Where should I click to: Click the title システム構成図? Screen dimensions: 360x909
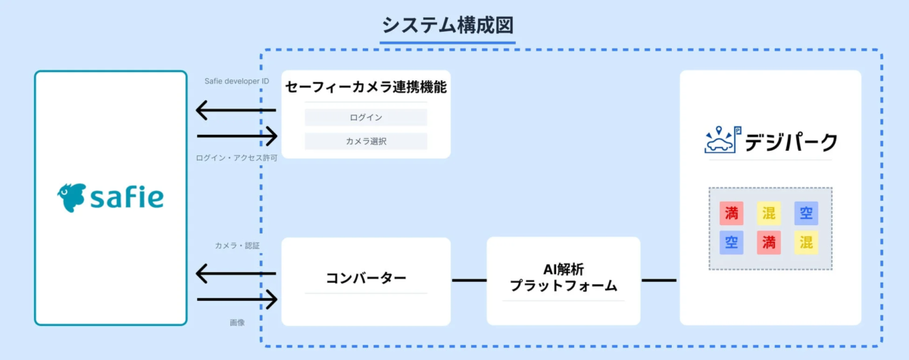click(x=448, y=25)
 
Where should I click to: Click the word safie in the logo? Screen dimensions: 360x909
click(x=127, y=198)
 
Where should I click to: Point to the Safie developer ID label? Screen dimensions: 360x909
click(x=236, y=81)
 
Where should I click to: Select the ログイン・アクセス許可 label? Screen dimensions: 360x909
click(x=236, y=158)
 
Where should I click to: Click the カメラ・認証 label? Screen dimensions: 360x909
click(x=237, y=246)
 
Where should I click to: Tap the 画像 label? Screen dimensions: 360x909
click(x=237, y=323)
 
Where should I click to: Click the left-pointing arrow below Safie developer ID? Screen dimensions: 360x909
click(x=236, y=111)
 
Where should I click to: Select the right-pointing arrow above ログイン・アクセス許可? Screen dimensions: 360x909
click(x=237, y=136)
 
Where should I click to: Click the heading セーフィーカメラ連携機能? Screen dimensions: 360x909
click(x=366, y=87)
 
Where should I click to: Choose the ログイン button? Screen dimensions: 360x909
click(x=366, y=117)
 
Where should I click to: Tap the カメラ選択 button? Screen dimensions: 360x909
click(x=366, y=141)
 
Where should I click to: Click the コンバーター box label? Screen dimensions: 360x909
click(x=366, y=278)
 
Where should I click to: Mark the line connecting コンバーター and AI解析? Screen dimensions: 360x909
click(x=469, y=280)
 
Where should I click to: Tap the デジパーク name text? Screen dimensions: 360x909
click(x=791, y=142)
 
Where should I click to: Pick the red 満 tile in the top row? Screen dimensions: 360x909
click(x=731, y=213)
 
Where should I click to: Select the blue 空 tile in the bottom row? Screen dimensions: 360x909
click(x=731, y=243)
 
